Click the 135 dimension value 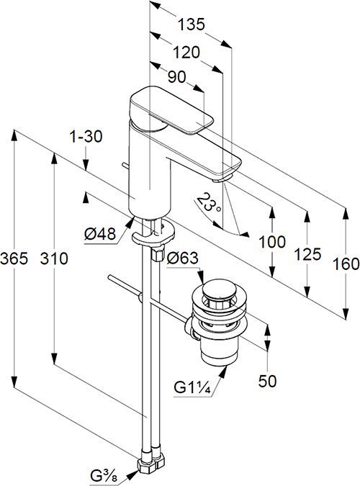(x=191, y=24)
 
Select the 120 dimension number (x=186, y=53)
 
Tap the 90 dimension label (x=176, y=76)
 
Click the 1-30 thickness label (x=86, y=136)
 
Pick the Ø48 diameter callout (x=100, y=234)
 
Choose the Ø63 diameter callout (x=182, y=258)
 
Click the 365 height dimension (x=14, y=258)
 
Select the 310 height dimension (x=54, y=258)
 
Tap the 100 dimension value (x=272, y=242)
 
